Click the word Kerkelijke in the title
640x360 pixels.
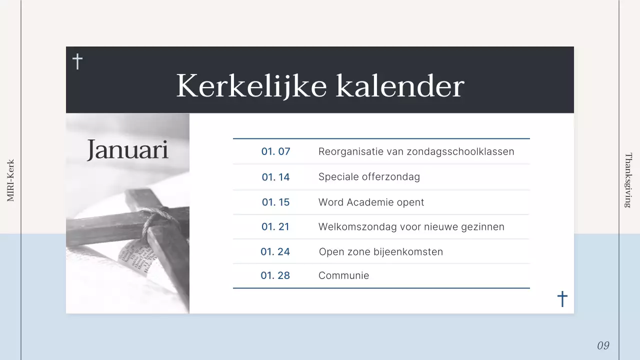pyautogui.click(x=252, y=86)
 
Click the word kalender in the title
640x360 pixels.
pyautogui.click(x=399, y=86)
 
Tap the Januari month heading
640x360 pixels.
pyautogui.click(x=127, y=149)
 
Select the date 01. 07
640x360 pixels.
pyautogui.click(x=275, y=151)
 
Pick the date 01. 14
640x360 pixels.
pyautogui.click(x=275, y=177)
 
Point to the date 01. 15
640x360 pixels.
pyautogui.click(x=275, y=202)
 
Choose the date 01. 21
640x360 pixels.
pyautogui.click(x=275, y=227)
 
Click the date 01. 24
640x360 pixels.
pyautogui.click(x=275, y=251)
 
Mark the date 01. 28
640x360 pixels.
pyautogui.click(x=275, y=275)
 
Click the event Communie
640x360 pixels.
pyautogui.click(x=343, y=275)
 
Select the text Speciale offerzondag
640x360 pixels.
pyautogui.click(x=369, y=177)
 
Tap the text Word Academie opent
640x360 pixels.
pyautogui.click(x=371, y=202)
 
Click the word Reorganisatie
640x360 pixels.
pyautogui.click(x=349, y=151)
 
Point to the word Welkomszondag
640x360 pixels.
pyautogui.click(x=351, y=227)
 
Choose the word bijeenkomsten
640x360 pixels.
pyautogui.click(x=408, y=251)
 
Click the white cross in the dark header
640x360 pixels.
pyautogui.click(x=77, y=61)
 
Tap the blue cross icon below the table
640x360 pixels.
pyautogui.click(x=562, y=299)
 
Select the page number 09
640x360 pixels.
pyautogui.click(x=603, y=345)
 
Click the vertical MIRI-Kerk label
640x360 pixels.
pyautogui.click(x=10, y=180)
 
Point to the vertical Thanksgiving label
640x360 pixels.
pyautogui.click(x=628, y=180)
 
